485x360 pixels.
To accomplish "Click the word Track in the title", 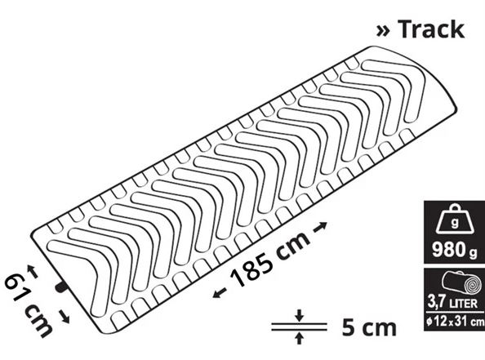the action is click(x=431, y=29).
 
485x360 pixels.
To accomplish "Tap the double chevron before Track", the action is click(x=383, y=31).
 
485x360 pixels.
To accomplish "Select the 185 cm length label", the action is click(x=269, y=259).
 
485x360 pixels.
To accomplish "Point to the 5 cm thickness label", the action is click(x=369, y=328).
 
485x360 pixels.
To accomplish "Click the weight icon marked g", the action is click(x=454, y=219).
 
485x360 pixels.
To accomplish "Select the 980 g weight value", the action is click(x=454, y=250).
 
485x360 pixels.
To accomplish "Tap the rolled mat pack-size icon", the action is click(x=461, y=283).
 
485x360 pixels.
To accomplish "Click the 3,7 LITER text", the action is click(x=452, y=302).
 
